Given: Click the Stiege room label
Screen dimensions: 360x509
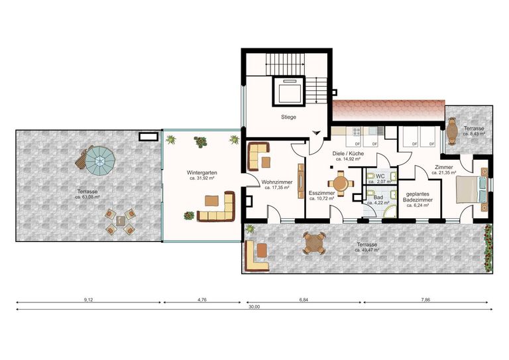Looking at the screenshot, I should click(x=288, y=117).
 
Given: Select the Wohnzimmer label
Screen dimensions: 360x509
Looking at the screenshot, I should click(x=277, y=181).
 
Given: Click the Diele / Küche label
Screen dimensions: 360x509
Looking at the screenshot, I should click(x=348, y=154).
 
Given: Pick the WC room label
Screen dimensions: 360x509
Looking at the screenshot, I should click(x=380, y=175).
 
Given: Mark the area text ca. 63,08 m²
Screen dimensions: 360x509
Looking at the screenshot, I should click(x=87, y=197).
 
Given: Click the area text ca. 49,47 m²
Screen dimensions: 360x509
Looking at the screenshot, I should click(x=367, y=251).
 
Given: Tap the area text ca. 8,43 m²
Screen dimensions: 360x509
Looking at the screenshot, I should click(x=474, y=134).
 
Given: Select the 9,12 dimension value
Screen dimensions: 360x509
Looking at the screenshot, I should click(x=88, y=300).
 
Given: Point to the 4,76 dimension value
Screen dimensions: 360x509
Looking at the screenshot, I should click(x=202, y=300).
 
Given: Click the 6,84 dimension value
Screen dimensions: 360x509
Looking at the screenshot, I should click(x=303, y=300).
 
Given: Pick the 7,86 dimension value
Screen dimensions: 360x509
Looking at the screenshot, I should click(x=426, y=300).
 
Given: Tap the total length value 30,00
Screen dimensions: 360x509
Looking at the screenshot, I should click(x=254, y=307).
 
